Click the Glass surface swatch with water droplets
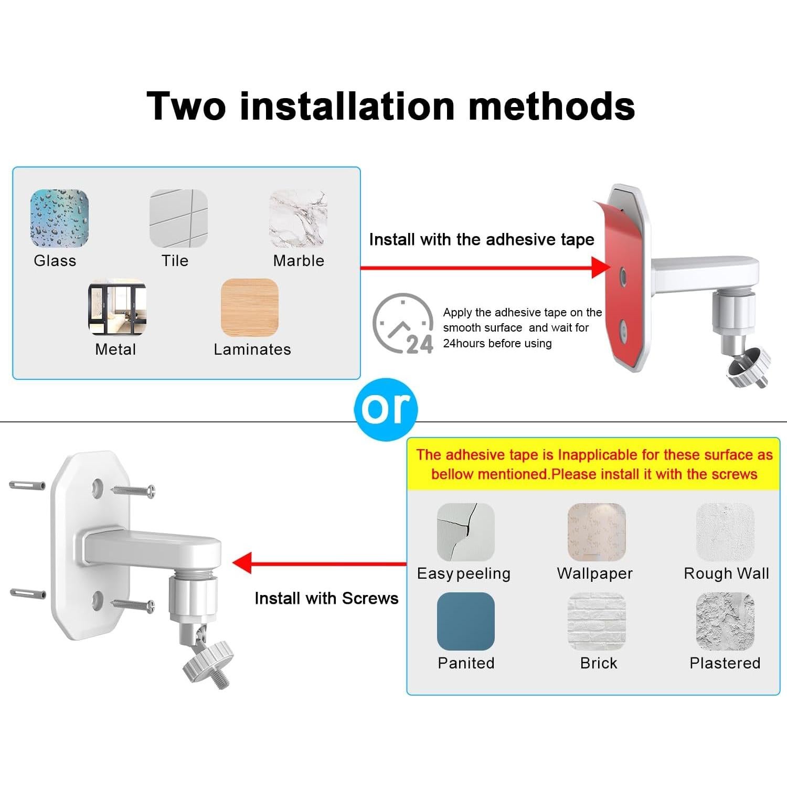(59, 218)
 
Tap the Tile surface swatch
(178, 218)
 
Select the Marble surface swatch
(298, 218)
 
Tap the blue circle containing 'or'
(386, 409)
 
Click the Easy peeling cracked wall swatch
(465, 532)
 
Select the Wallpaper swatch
(597, 532)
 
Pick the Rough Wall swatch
(725, 532)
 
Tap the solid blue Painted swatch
(465, 621)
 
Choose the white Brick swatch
(597, 621)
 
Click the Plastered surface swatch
(725, 621)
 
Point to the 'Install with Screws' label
(326, 598)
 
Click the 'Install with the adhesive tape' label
(481, 240)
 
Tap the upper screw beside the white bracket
(133, 491)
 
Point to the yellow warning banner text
(594, 464)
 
